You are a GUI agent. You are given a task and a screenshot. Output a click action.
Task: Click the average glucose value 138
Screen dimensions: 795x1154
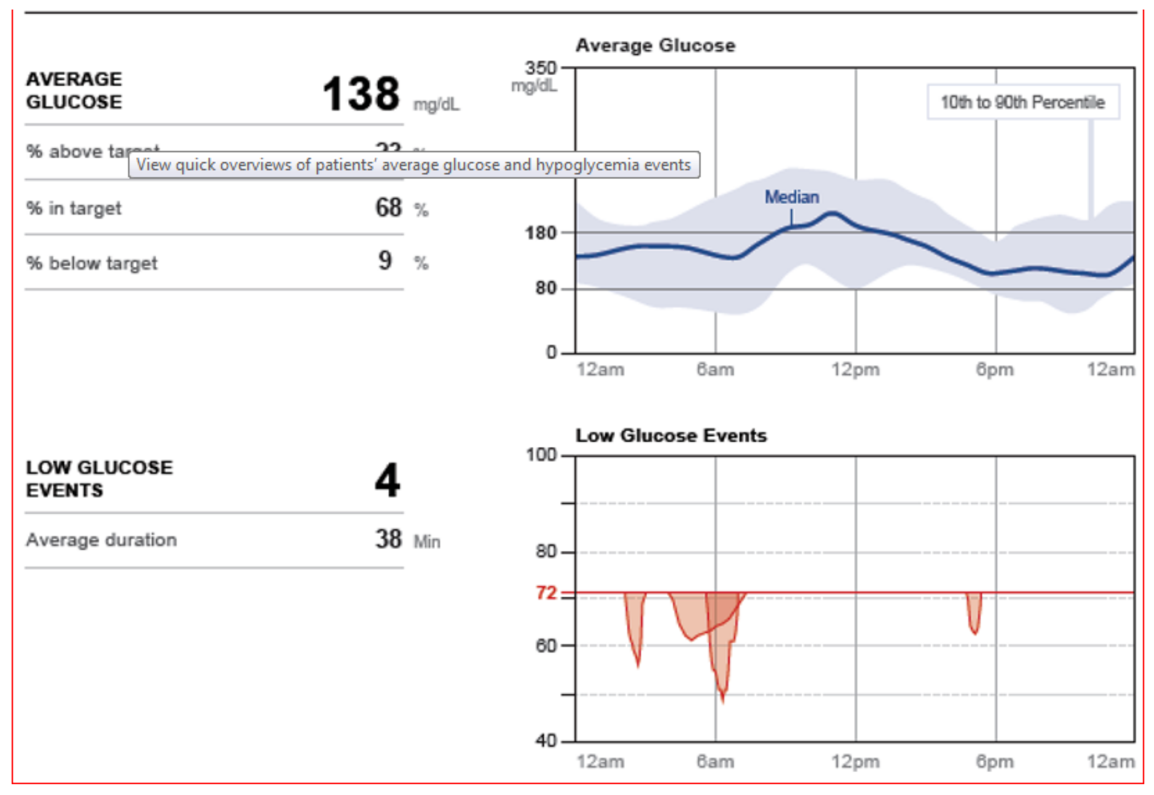tap(361, 94)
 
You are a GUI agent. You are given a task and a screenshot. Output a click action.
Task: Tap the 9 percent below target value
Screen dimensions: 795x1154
tap(384, 260)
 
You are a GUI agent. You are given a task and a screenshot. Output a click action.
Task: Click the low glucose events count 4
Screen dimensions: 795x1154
tap(387, 480)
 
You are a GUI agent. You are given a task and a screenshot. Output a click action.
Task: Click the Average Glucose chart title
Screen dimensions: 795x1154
tap(655, 45)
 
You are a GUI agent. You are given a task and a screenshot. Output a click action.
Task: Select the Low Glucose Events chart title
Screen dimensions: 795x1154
tap(671, 435)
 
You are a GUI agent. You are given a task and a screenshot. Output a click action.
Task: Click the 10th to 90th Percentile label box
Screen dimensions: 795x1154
tap(1022, 102)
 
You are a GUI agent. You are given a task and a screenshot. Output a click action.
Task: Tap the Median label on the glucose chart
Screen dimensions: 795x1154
tap(791, 197)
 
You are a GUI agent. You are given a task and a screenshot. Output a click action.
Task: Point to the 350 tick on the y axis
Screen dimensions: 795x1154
tap(540, 68)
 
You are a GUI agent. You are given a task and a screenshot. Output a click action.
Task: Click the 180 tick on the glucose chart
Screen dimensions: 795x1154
tap(540, 233)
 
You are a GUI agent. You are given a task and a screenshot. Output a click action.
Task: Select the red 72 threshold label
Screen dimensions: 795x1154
tap(546, 593)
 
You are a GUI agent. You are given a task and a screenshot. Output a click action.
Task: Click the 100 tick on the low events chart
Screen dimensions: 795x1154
tap(542, 455)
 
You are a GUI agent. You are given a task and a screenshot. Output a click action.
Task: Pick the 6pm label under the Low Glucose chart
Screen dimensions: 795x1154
tap(994, 761)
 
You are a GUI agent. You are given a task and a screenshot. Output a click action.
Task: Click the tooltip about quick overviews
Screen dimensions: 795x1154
tap(414, 165)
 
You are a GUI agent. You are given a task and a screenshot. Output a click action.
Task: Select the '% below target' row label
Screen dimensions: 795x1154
tap(92, 263)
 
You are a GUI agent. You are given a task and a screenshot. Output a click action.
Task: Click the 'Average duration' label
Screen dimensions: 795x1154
tap(102, 540)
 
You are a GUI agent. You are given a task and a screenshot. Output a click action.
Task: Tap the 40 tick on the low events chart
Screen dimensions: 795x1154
tap(546, 741)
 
